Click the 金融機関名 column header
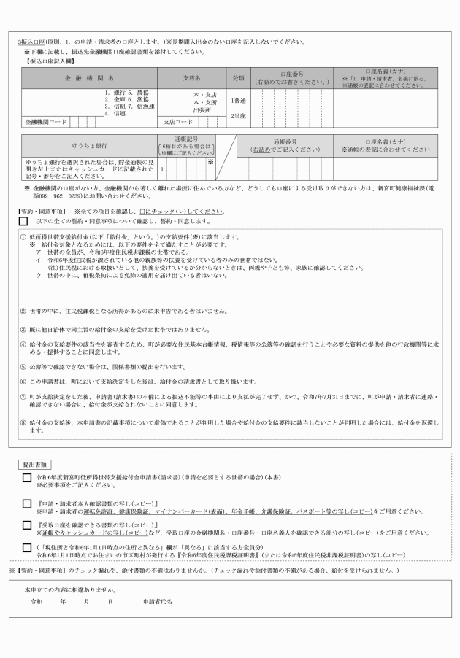(90, 77)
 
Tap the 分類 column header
(238, 77)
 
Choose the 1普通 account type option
(238, 101)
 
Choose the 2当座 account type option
(238, 115)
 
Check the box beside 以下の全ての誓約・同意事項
(24, 221)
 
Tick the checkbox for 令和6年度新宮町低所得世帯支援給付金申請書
(27, 478)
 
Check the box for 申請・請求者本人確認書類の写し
(27, 503)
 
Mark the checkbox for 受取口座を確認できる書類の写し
(27, 525)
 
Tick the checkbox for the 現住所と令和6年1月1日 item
(27, 546)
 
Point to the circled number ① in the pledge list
(23, 238)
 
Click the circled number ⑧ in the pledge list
(23, 422)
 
